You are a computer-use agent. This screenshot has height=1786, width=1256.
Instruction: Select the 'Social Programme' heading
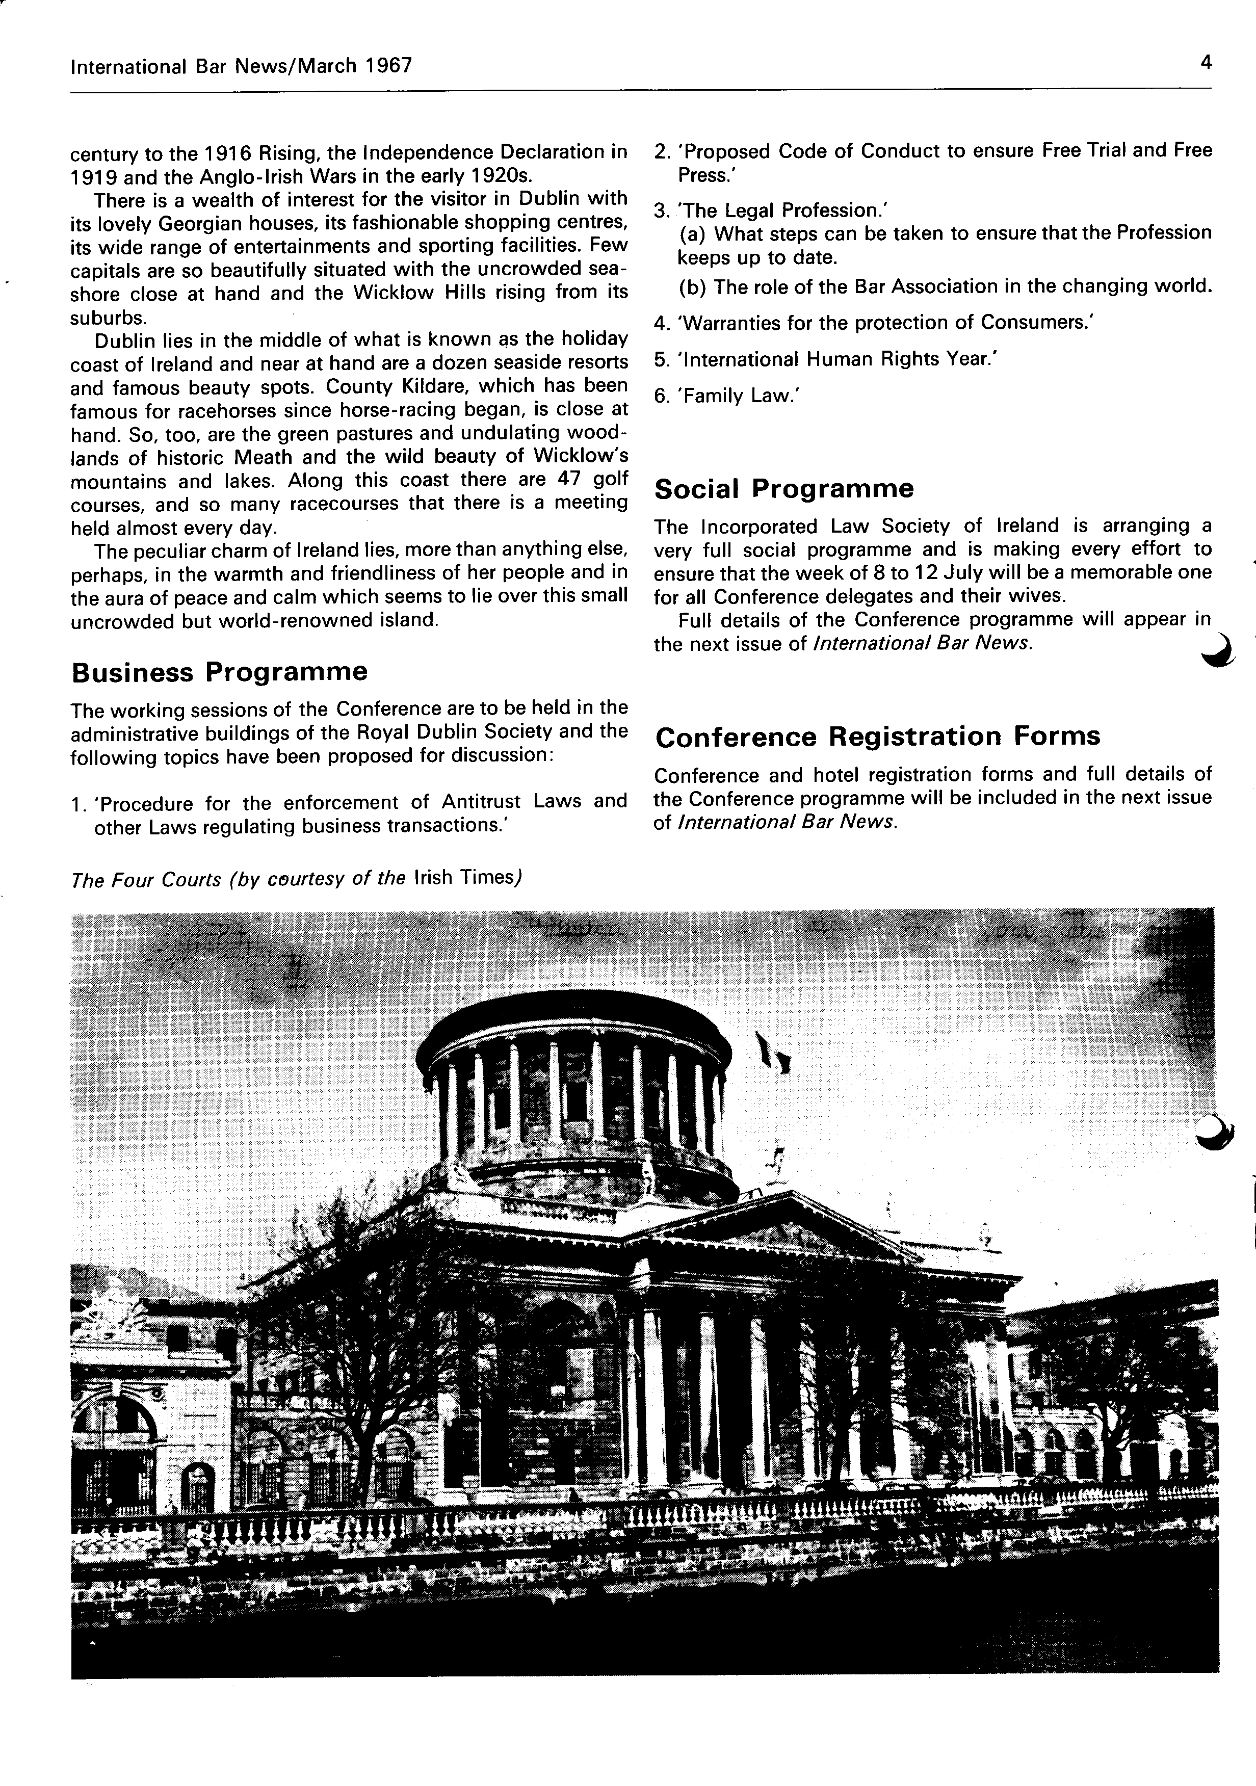point(784,488)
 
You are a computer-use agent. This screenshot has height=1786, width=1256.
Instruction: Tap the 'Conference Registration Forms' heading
point(877,736)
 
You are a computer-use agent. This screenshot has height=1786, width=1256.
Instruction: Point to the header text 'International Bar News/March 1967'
point(240,66)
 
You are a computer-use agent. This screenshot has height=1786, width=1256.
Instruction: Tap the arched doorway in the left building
point(198,1486)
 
